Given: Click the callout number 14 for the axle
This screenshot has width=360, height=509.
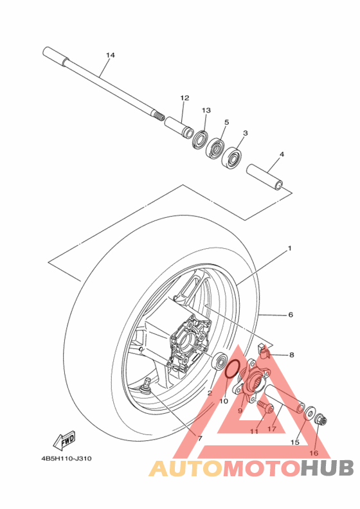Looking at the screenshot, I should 110,55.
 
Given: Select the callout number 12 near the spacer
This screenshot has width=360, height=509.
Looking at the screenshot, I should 184,98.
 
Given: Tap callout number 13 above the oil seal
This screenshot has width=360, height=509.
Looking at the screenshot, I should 206,111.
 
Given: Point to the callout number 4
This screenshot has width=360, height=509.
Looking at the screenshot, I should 281,154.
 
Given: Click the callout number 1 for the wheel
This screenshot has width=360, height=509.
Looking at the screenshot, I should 290,248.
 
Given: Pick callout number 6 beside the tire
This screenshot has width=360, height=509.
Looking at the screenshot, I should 290,315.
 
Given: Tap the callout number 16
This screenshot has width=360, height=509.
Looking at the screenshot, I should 314,453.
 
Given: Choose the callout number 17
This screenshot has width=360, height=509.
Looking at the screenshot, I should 272,429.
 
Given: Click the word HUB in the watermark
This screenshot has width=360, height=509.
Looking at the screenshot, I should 327,469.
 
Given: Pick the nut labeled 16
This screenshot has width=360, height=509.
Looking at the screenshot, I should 321,421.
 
